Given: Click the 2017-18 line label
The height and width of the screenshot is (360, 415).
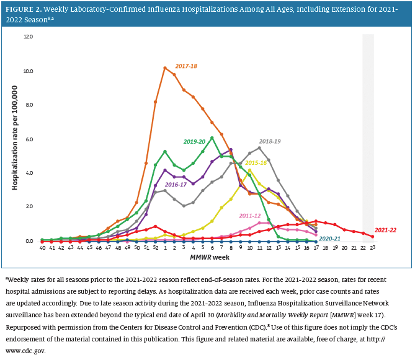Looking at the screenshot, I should pyautogui.click(x=186, y=66).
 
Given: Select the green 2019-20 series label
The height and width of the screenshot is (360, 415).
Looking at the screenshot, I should pyautogui.click(x=195, y=141).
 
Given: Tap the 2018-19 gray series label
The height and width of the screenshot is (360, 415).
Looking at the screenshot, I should pyautogui.click(x=270, y=141).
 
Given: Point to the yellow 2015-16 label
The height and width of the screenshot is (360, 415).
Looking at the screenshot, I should pyautogui.click(x=256, y=162).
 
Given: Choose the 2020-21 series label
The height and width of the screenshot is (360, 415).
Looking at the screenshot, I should pyautogui.click(x=330, y=239).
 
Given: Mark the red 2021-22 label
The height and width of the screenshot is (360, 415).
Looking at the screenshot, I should pyautogui.click(x=385, y=230).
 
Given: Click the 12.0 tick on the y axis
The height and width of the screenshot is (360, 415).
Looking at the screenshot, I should pyautogui.click(x=29, y=37).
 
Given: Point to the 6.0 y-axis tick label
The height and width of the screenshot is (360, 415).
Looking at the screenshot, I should pyautogui.click(x=29, y=139).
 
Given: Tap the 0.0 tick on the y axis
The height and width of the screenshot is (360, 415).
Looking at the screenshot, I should pyautogui.click(x=29, y=241).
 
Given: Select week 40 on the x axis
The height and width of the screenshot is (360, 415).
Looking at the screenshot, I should pyautogui.click(x=42, y=248).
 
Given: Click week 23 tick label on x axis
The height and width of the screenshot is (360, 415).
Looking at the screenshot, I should pyautogui.click(x=372, y=248).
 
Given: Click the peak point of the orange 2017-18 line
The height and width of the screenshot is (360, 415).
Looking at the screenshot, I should pyautogui.click(x=164, y=68).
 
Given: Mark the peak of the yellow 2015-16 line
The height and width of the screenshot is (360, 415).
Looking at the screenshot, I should pyautogui.click(x=249, y=170).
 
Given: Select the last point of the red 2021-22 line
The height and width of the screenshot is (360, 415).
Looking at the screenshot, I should pyautogui.click(x=372, y=237).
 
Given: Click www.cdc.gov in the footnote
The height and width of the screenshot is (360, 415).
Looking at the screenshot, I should pyautogui.click(x=24, y=350).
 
